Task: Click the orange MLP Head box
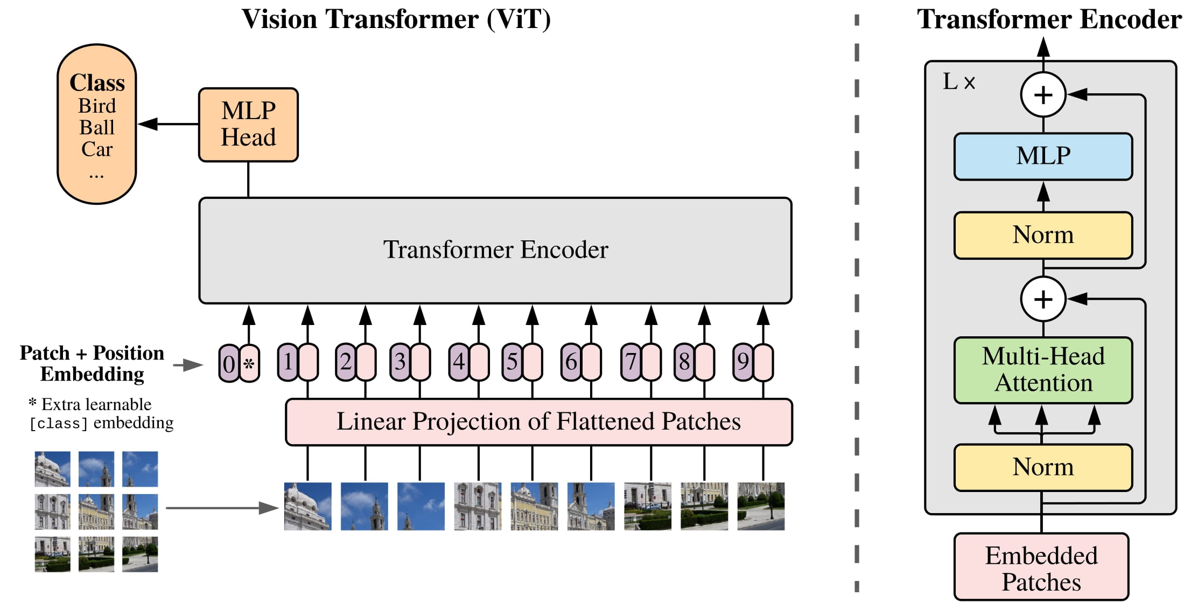coord(248,124)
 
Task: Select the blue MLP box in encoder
coord(1042,156)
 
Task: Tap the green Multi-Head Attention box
coord(1042,370)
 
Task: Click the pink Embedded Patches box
coord(1041,568)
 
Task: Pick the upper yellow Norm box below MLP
coord(1042,235)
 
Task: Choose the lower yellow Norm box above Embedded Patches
coord(1042,467)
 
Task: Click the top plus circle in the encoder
coord(1043,95)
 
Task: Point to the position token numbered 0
coord(229,364)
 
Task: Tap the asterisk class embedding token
coord(249,364)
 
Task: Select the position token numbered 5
coord(512,362)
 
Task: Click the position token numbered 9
coord(742,362)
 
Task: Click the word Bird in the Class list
coord(97,106)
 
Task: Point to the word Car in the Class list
coord(97,149)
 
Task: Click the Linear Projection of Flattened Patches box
coord(538,422)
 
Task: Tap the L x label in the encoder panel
coord(958,82)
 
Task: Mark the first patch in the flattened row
coord(307,506)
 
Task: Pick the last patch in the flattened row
coord(760,506)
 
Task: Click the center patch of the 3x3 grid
coord(96,511)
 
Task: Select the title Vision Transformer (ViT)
coord(396,19)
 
